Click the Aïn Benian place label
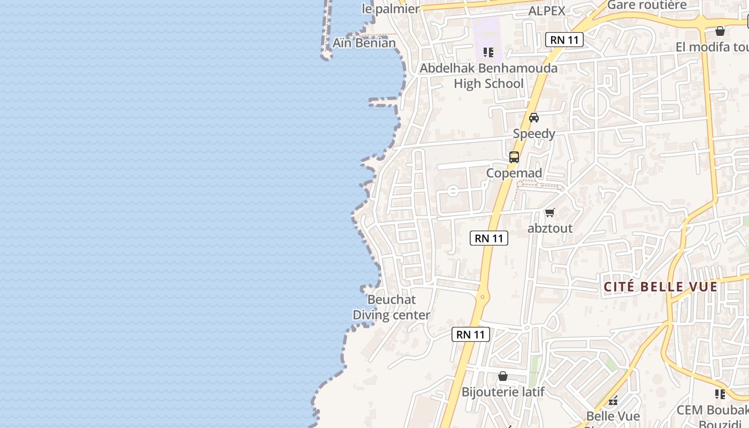coord(364,43)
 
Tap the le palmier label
coord(390,9)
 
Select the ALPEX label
coord(546,11)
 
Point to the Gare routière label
coord(646,5)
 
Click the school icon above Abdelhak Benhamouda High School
coord(488,52)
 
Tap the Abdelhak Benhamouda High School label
coord(488,76)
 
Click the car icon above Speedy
coord(533,118)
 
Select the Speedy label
coord(534,133)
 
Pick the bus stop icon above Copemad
coord(514,157)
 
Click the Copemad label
coord(514,173)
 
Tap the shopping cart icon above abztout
coord(549,213)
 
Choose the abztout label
coord(550,228)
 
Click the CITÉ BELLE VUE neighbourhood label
coord(660,287)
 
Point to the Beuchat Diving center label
coord(391,308)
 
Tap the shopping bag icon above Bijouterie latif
coord(503,377)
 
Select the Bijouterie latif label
coord(503,392)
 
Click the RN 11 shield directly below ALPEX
coord(564,40)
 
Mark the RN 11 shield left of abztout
coord(489,238)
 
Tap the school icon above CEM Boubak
coord(720,394)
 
